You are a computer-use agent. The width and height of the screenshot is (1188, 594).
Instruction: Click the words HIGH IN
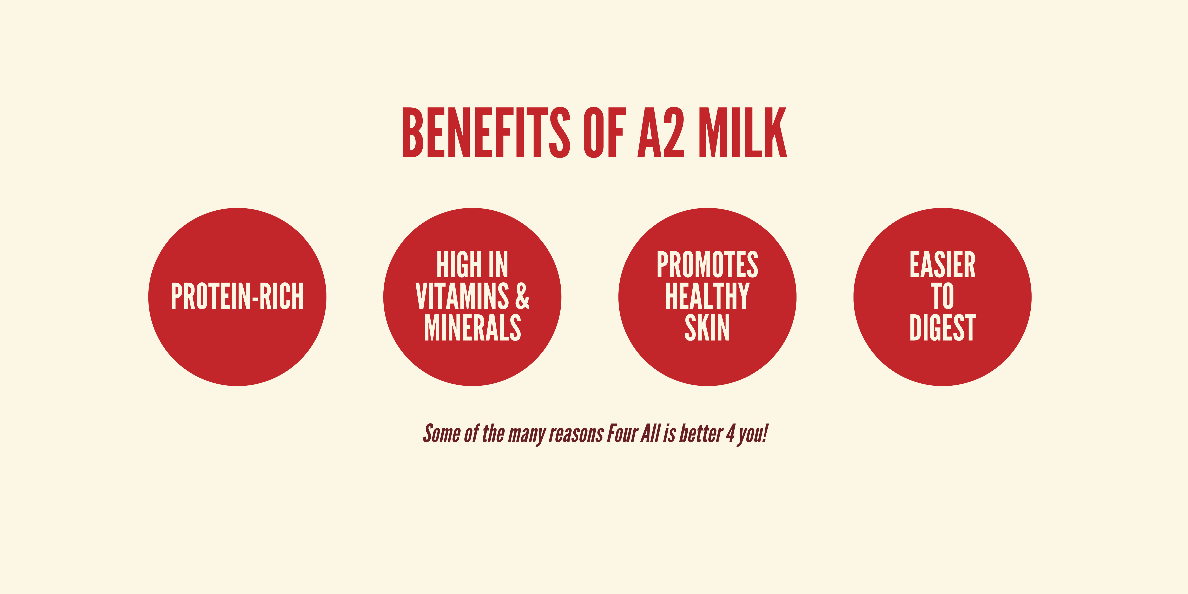(472, 265)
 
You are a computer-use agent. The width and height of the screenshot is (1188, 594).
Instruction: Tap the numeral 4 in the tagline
(730, 434)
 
